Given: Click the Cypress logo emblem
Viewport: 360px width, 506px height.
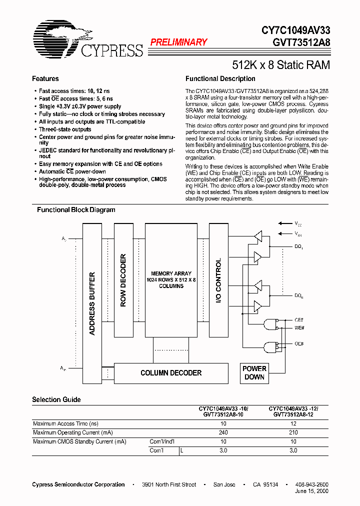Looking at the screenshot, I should coord(55,38).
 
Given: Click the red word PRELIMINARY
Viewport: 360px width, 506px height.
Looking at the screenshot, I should coord(178,42).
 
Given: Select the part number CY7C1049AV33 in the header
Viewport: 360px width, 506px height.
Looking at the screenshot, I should coord(295,31).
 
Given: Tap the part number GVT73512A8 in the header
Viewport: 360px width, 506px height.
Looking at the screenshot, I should coord(301,42).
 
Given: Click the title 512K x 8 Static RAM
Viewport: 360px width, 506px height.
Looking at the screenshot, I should coord(281,65).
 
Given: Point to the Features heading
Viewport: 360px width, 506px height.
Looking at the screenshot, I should coord(45,79).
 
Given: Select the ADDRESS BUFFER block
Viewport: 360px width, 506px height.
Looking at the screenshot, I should coord(92,303).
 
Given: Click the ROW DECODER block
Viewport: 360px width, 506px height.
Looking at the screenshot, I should coord(123,280).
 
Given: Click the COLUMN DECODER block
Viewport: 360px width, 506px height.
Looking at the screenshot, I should coord(171,373).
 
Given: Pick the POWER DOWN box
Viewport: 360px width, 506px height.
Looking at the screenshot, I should coord(254,373).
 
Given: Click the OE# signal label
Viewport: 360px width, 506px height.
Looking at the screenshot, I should coord(299,344).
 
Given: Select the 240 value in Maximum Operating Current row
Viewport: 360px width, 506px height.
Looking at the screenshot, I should coord(223,432).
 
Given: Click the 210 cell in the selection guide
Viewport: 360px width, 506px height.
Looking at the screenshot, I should coord(293,432).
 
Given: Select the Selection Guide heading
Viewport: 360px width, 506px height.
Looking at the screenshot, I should coord(56,399).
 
